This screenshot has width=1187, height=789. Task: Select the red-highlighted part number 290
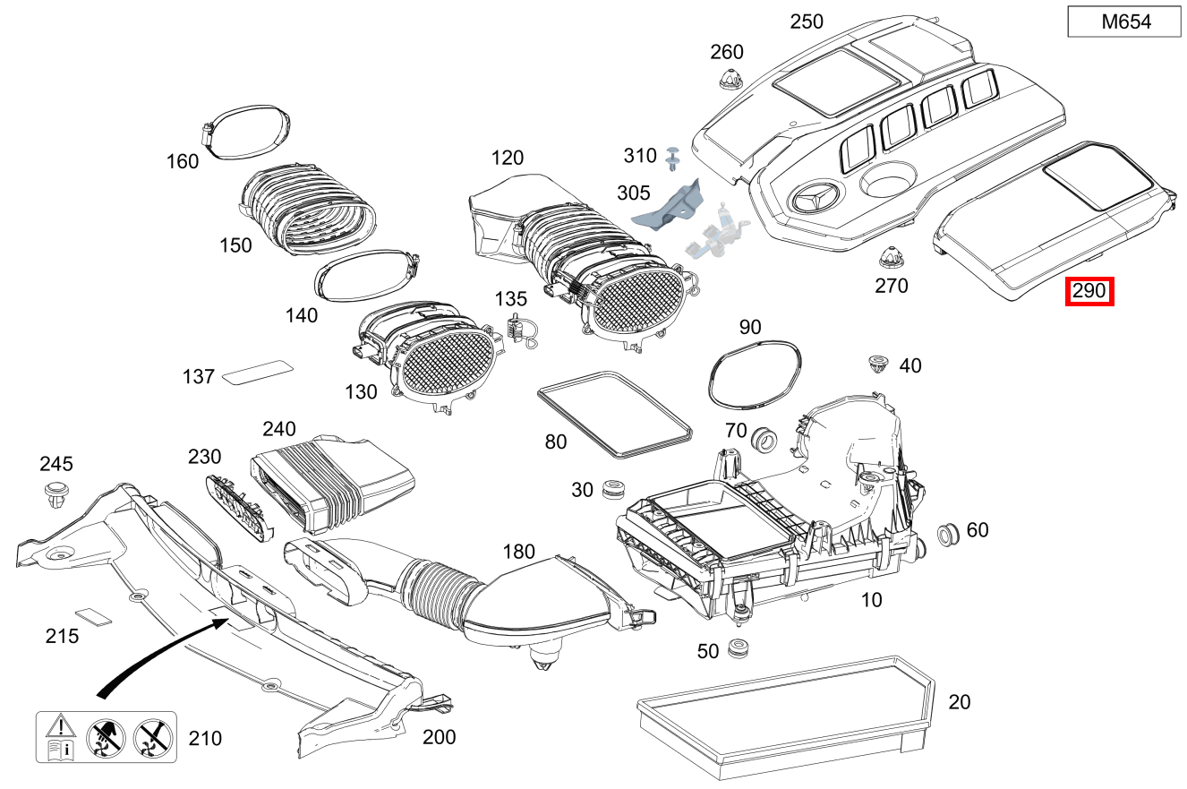[x=1089, y=291]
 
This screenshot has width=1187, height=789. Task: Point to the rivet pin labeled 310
[x=673, y=159]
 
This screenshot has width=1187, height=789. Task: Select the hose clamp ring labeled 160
[x=246, y=132]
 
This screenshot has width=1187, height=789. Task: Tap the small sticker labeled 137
[x=257, y=371]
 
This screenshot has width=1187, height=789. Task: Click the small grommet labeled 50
[x=739, y=647]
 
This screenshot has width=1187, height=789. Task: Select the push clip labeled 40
[x=878, y=364]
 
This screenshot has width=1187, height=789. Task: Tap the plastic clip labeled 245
[x=56, y=493]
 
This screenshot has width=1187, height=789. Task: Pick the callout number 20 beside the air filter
[x=959, y=702]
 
